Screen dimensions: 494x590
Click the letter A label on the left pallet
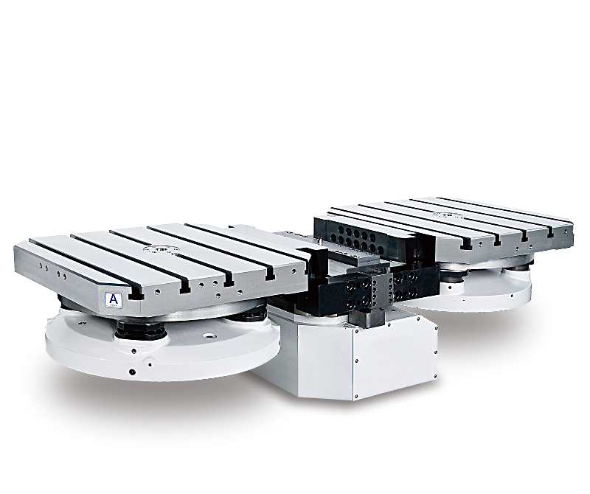pos(114,299)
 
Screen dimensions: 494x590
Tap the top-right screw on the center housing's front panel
pos(430,329)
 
